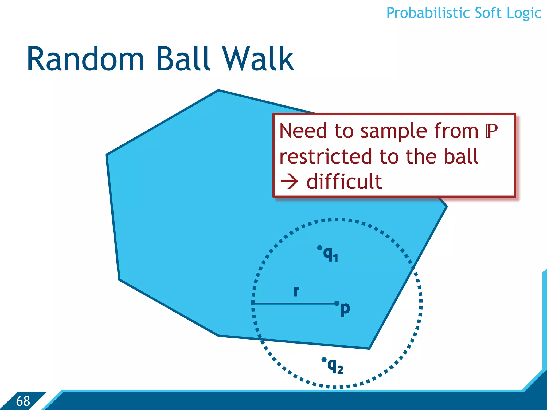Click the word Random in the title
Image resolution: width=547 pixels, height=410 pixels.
pos(85,59)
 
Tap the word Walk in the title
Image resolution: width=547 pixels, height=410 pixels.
pos(258,59)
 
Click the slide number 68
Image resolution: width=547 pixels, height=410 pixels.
pos(23,401)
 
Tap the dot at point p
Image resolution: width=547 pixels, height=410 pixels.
pos(337,303)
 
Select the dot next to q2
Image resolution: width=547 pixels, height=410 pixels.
pos(324,360)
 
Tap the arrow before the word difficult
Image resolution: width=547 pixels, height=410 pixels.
pos(289,182)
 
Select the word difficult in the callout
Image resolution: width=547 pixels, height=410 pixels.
pos(344,182)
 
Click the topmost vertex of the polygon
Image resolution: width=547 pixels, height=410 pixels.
pos(218,90)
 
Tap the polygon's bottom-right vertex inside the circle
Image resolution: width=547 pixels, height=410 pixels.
pos(369,348)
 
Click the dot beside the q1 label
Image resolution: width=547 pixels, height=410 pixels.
pos(319,248)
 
